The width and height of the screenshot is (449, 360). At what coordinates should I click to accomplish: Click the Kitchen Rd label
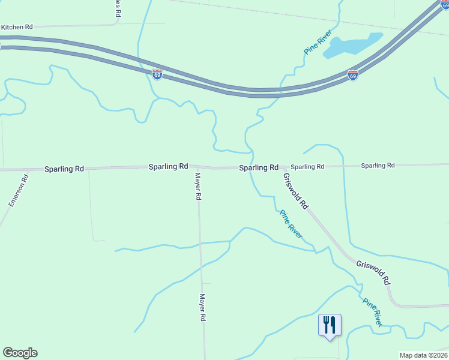pyautogui.click(x=17, y=27)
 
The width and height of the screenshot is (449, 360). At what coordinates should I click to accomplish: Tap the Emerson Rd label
pyautogui.click(x=19, y=191)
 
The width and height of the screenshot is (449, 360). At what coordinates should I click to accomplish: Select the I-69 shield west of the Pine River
pyautogui.click(x=157, y=74)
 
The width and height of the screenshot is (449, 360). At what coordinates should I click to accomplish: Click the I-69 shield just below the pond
pyautogui.click(x=353, y=75)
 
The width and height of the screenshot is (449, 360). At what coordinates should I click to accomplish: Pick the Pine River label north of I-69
pyautogui.click(x=318, y=42)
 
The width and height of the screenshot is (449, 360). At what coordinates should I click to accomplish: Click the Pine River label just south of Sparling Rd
pyautogui.click(x=291, y=221)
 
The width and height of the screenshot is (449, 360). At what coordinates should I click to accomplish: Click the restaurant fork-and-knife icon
pyautogui.click(x=330, y=325)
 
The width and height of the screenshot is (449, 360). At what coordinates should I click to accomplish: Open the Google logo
pyautogui.click(x=20, y=353)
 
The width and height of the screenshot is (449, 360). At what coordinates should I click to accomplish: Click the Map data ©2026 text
pyautogui.click(x=423, y=355)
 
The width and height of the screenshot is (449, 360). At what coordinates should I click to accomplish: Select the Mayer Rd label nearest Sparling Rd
pyautogui.click(x=197, y=186)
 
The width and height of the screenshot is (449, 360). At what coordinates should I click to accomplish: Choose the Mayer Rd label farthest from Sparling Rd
pyautogui.click(x=203, y=307)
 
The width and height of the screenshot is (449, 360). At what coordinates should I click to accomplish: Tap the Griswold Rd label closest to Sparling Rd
pyautogui.click(x=295, y=191)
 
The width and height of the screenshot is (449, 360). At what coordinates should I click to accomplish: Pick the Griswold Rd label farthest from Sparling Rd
pyautogui.click(x=373, y=272)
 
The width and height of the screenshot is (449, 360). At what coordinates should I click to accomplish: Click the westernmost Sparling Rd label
pyautogui.click(x=64, y=169)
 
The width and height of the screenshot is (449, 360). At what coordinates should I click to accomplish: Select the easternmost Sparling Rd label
pyautogui.click(x=378, y=165)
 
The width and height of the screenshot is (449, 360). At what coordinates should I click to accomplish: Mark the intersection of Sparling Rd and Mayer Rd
pyautogui.click(x=197, y=167)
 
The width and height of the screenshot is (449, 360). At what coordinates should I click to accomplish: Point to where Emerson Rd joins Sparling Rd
pyautogui.click(x=27, y=170)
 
